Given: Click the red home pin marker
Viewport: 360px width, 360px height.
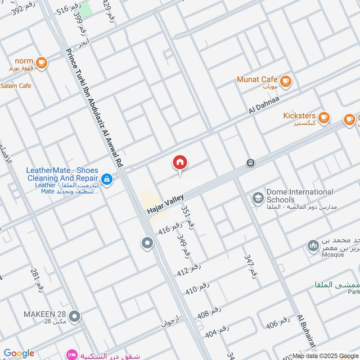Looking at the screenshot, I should (180, 163).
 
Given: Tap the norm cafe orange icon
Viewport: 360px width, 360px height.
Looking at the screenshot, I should (41, 63).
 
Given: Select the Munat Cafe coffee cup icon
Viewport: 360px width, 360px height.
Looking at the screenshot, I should (285, 81).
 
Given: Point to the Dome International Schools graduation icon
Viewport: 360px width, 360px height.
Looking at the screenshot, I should (258, 198).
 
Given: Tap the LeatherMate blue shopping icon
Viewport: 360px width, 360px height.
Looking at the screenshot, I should (107, 179).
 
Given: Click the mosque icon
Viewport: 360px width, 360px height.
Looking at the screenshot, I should (313, 246).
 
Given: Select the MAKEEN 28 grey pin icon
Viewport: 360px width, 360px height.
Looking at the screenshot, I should (75, 317).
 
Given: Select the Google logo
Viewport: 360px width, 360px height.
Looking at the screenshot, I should (19, 353).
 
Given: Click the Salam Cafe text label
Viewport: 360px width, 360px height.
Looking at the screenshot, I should (16, 85).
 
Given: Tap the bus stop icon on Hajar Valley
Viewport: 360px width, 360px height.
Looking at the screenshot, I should (251, 163).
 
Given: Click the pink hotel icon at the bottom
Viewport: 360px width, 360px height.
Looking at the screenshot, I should (71, 355).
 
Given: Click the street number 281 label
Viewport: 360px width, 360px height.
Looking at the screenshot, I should (37, 279).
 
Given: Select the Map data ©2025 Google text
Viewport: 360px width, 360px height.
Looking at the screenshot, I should (325, 355).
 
